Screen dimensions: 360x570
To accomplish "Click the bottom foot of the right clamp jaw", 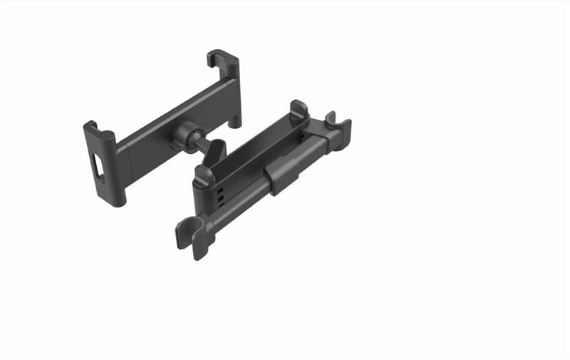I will (234, 121).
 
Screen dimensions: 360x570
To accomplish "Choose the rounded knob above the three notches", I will (204, 175).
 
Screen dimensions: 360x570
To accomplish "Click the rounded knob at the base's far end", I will (297, 110).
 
